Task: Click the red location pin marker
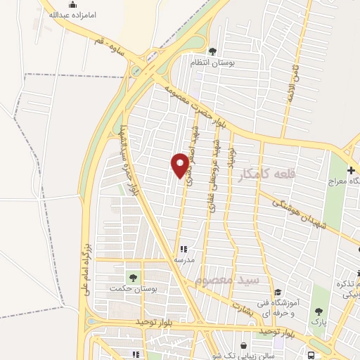pyautogui.click(x=181, y=165)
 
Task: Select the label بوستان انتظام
pyautogui.click(x=212, y=63)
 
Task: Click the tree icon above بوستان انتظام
pyautogui.click(x=212, y=51)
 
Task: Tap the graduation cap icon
pyautogui.click(x=278, y=292)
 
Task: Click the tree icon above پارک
pyautogui.click(x=319, y=311)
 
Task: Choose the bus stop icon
pyautogui.click(x=311, y=355)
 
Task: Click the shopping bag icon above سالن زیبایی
pyautogui.click(x=243, y=346)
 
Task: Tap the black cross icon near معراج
pyautogui.click(x=351, y=169)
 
